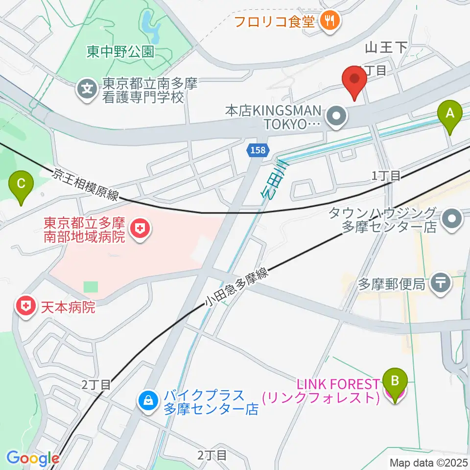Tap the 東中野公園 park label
click(120, 51)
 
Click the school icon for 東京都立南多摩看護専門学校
click(87, 90)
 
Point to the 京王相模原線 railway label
click(86, 185)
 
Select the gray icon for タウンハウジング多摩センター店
click(451, 220)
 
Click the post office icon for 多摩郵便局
click(441, 284)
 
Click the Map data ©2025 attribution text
click(428, 462)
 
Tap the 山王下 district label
click(386, 47)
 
